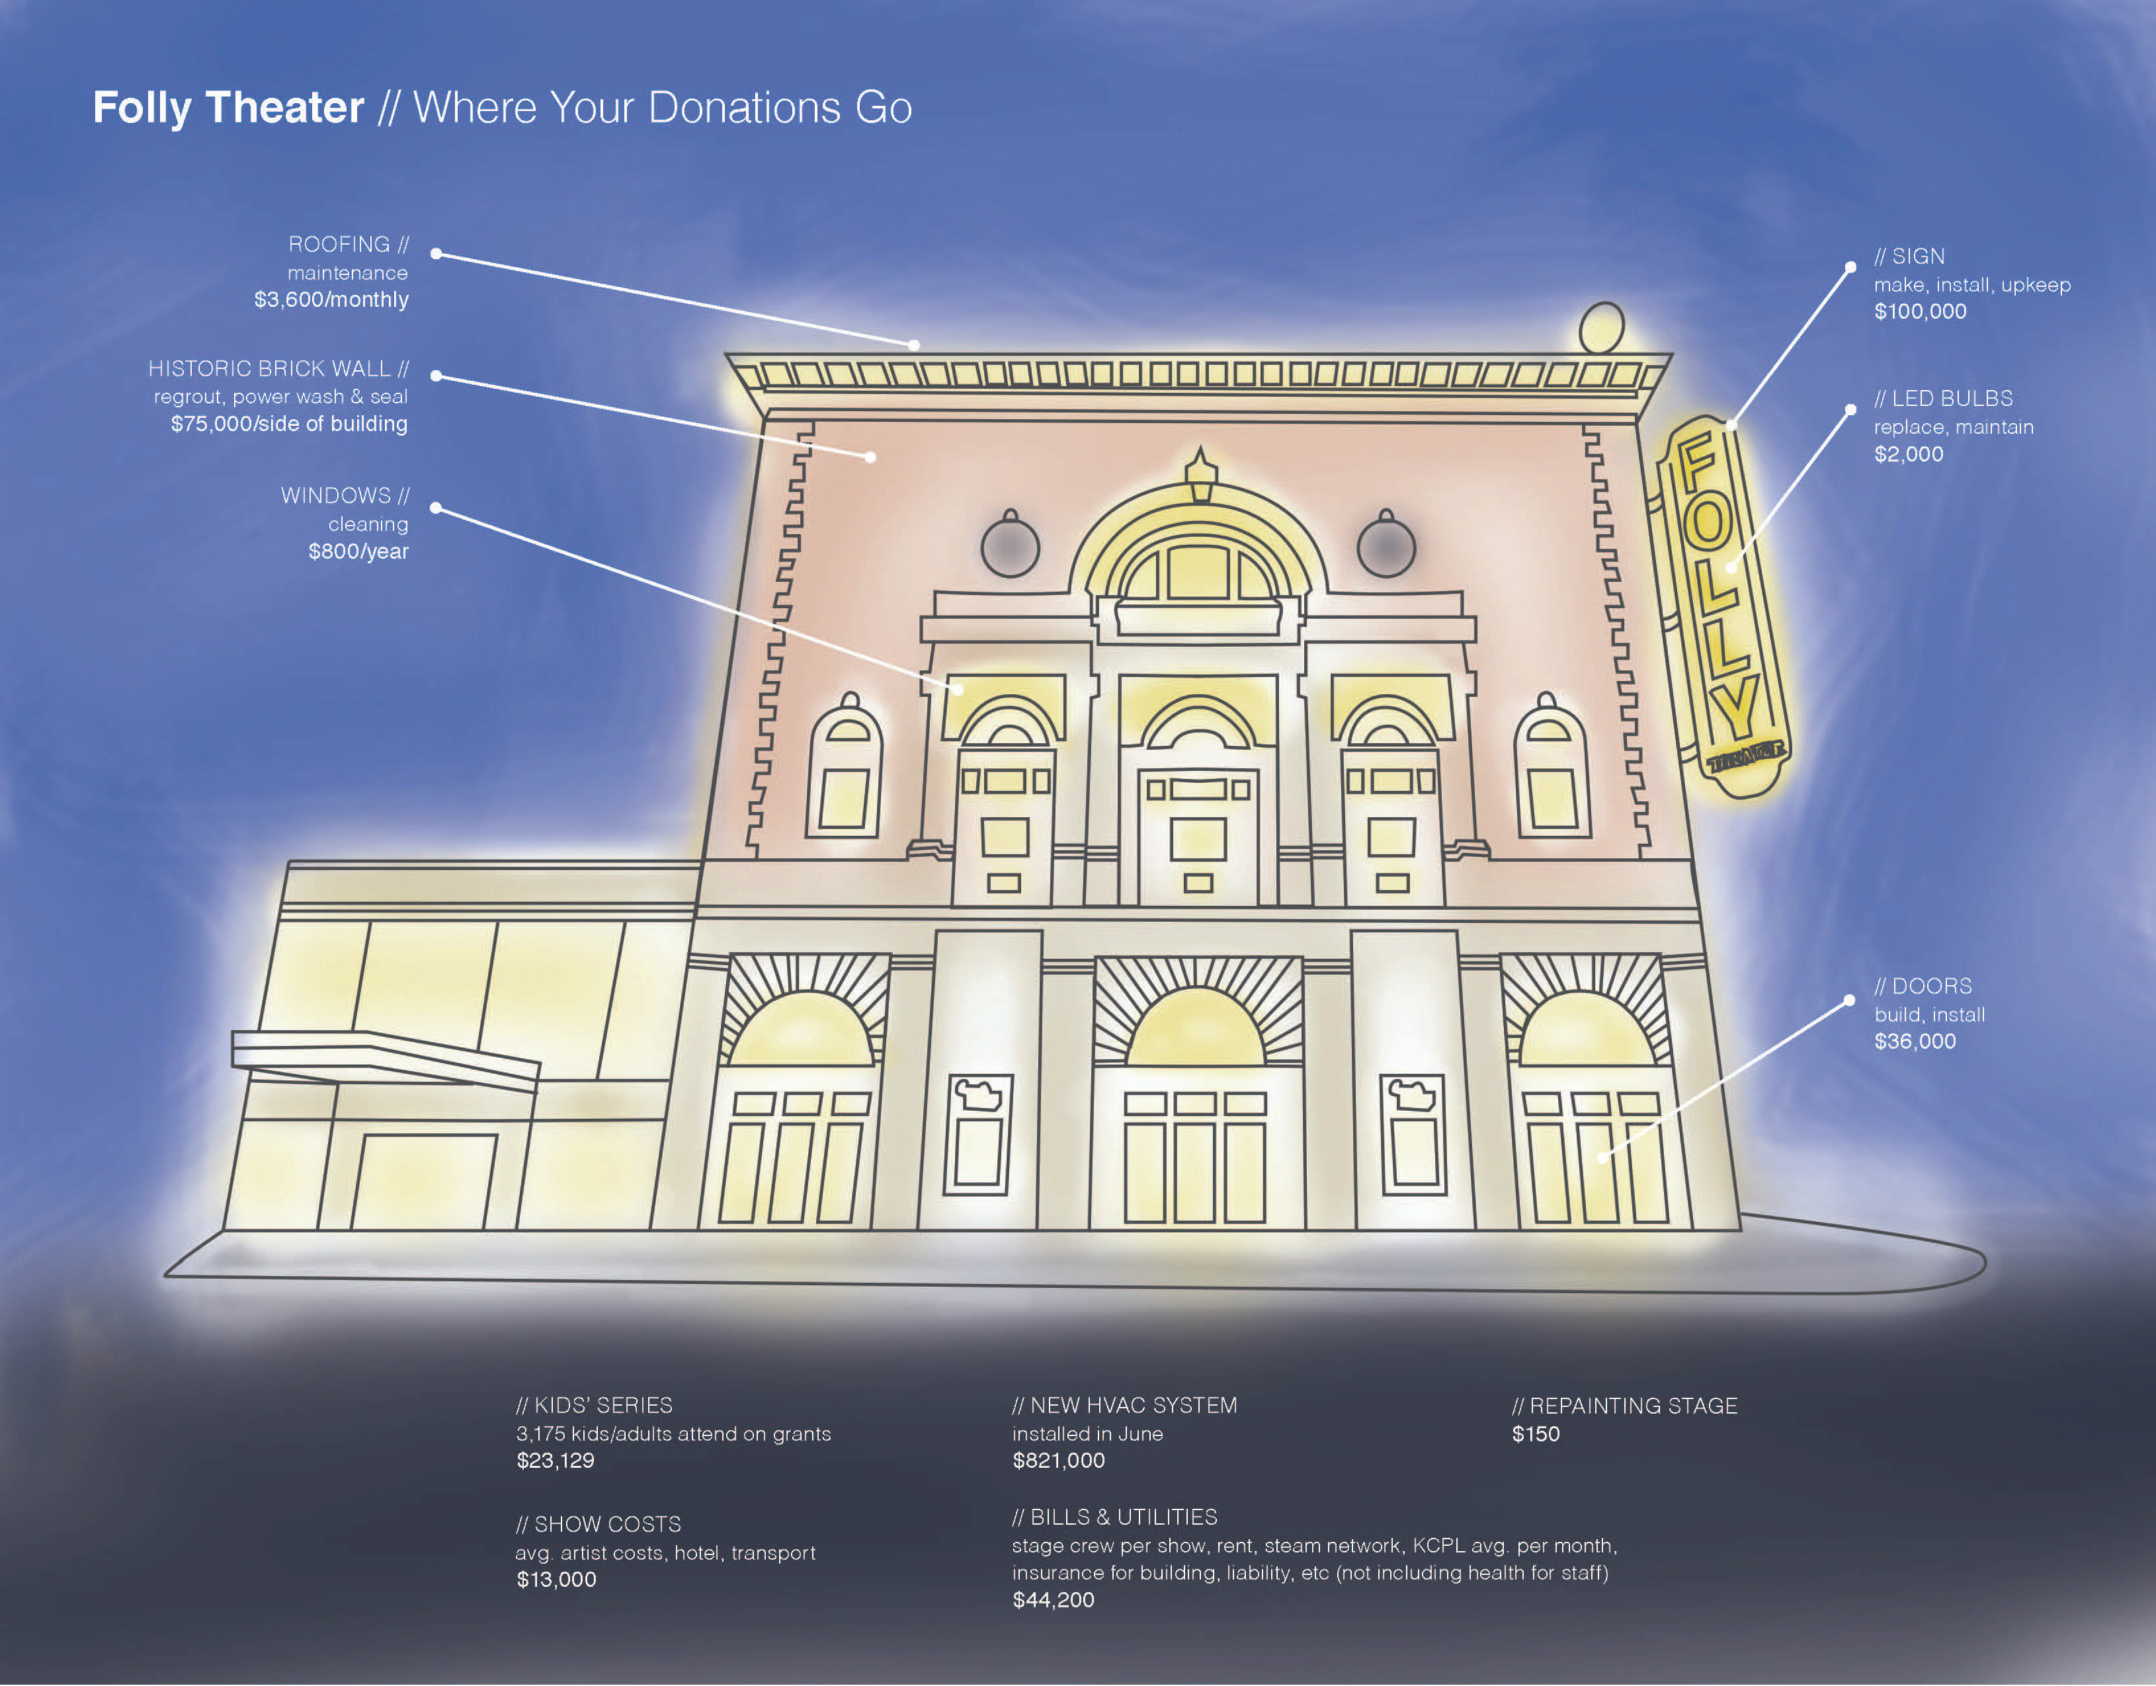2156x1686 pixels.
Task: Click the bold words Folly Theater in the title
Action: [228, 108]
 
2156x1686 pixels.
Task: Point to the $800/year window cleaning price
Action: [358, 551]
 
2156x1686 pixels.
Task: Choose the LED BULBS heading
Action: [1944, 398]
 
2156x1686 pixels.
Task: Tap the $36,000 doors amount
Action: [1915, 1041]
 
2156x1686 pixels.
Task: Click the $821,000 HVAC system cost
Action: [1058, 1460]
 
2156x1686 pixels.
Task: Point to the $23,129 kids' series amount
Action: [556, 1460]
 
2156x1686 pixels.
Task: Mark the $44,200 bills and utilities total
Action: [1054, 1600]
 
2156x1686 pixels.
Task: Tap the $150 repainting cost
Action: [1536, 1434]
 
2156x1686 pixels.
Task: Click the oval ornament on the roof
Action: [1601, 328]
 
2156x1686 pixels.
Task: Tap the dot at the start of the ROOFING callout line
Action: [435, 254]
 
